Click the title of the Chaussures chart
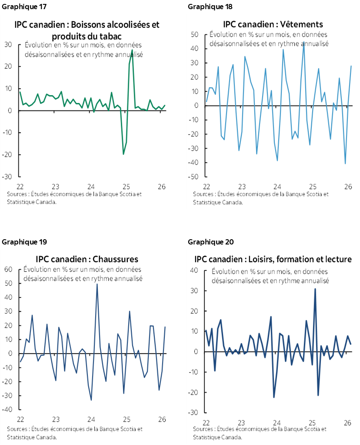pyautogui.click(x=87, y=260)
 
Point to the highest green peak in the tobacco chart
pyautogui.click(x=132, y=50)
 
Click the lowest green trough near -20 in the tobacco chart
pyautogui.click(x=123, y=154)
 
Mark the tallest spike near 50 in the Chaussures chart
pyautogui.click(x=97, y=284)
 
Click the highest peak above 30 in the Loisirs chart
pyautogui.click(x=315, y=289)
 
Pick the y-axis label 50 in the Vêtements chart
pyautogui.click(x=195, y=34)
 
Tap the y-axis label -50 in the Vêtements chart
pyautogui.click(x=194, y=177)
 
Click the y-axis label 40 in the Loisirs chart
pyautogui.click(x=194, y=270)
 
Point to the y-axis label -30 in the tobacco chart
pyautogui.click(x=7, y=177)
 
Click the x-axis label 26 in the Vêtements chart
pyautogui.click(x=348, y=187)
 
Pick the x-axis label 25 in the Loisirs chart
pyautogui.click(x=312, y=422)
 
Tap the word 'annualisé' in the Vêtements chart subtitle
pyautogui.click(x=312, y=43)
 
